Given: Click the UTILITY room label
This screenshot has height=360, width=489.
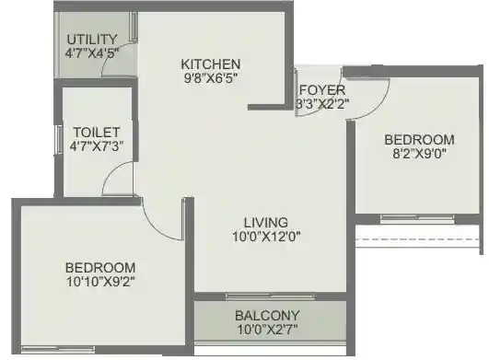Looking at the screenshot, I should pos(92,39).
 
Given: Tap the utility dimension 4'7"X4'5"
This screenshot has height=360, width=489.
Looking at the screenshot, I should pos(92,53).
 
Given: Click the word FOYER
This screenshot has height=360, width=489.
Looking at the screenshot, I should pos(322,89).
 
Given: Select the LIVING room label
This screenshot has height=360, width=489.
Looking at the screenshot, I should pos(266,222).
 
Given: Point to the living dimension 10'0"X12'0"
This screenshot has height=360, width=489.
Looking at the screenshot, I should pos(266,237).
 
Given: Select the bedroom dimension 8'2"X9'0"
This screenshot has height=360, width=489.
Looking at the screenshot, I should pos(419,154).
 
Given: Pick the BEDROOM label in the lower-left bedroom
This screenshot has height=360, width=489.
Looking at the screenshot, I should pos(100,268).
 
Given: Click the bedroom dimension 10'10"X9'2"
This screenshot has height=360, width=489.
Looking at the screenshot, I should pos(100,284).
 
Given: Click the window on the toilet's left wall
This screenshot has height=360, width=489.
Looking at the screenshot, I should pos(58,138).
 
